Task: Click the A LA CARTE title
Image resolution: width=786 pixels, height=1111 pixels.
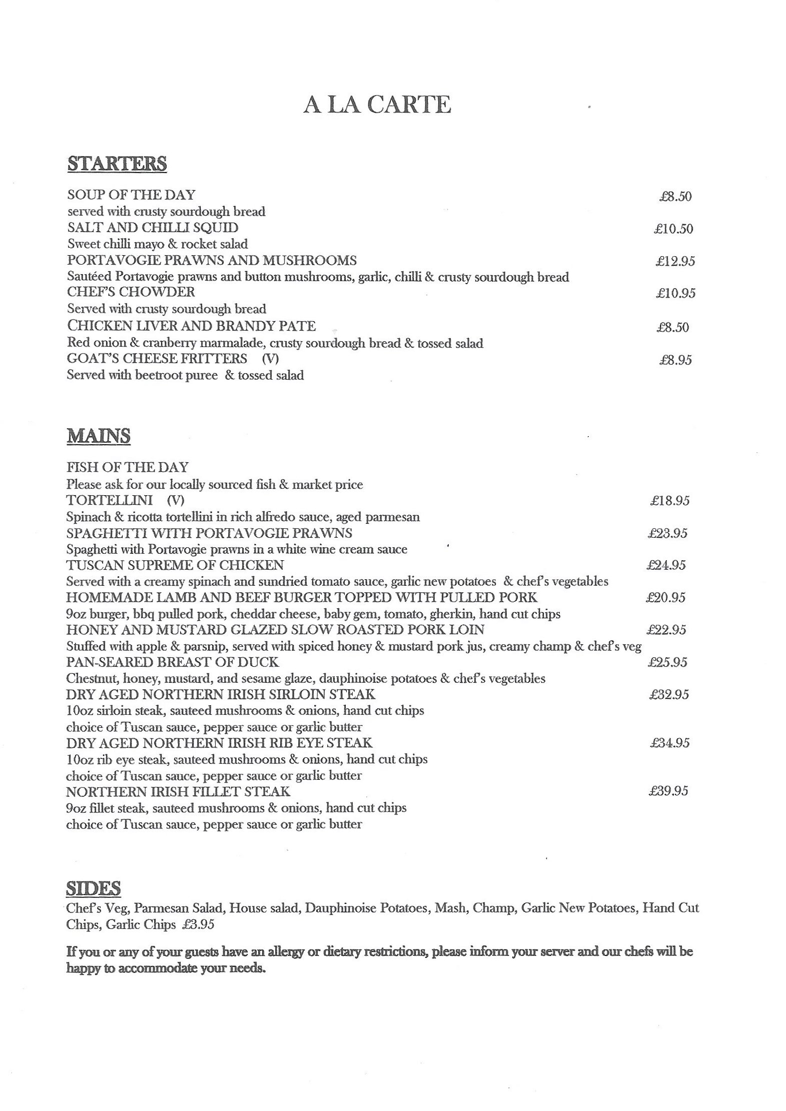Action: pyautogui.click(x=377, y=105)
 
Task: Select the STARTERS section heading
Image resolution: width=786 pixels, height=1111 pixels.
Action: pyautogui.click(x=117, y=164)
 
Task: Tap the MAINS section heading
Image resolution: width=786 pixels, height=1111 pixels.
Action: pyautogui.click(x=99, y=436)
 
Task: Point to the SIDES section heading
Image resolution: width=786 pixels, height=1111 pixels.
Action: pyautogui.click(x=93, y=888)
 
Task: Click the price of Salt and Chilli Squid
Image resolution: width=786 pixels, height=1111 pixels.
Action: pyautogui.click(x=673, y=229)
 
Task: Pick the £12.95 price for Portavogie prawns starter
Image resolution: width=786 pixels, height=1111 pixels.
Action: pyautogui.click(x=675, y=261)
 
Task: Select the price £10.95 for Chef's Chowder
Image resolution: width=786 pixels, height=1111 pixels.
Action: pyautogui.click(x=675, y=293)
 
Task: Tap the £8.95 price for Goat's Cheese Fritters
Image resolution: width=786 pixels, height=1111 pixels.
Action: pyautogui.click(x=675, y=360)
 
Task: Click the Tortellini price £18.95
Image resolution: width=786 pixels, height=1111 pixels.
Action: pyautogui.click(x=669, y=501)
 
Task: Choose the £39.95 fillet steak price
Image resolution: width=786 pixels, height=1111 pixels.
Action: pyautogui.click(x=668, y=791)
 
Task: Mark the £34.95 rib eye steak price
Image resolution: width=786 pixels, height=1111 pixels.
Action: pyautogui.click(x=669, y=743)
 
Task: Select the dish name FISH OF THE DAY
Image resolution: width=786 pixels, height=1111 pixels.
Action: pyautogui.click(x=128, y=467)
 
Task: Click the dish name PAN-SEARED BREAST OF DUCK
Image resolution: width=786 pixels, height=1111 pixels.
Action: pyautogui.click(x=172, y=662)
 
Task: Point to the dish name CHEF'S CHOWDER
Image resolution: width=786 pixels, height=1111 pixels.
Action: pyautogui.click(x=131, y=292)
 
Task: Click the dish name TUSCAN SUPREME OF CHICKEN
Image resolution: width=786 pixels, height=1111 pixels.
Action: pyautogui.click(x=175, y=565)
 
